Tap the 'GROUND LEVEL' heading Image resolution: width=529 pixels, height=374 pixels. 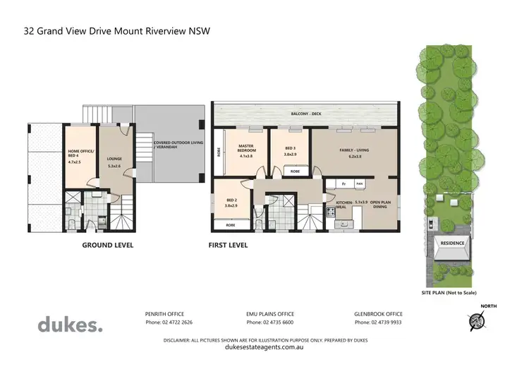(108, 246)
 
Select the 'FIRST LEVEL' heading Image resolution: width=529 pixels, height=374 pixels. (228, 246)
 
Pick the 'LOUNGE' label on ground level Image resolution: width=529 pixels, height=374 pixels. (114, 159)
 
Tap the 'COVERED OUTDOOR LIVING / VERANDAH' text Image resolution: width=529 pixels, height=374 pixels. (174, 145)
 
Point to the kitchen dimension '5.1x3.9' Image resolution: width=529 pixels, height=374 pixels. (362, 202)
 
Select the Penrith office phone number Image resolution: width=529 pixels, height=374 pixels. (169, 322)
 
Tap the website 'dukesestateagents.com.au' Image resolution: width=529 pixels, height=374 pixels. (264, 347)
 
